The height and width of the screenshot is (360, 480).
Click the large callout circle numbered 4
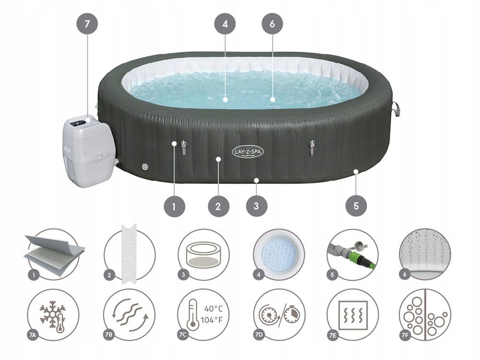(x=225, y=24)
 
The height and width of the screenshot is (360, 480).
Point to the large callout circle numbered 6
(x=272, y=24)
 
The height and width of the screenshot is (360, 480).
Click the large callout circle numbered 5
(x=356, y=206)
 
